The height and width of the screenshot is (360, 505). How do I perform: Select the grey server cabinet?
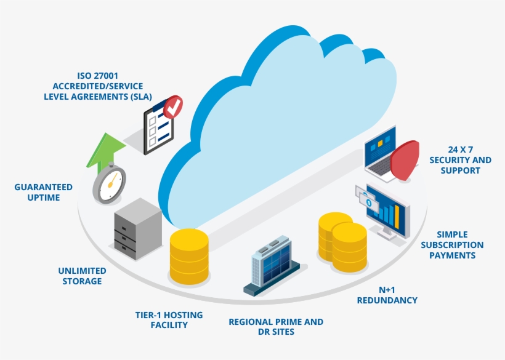(x=136, y=228)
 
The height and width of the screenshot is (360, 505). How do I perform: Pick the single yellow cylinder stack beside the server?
(x=189, y=256)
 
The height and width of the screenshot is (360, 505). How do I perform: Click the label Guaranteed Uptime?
(x=43, y=192)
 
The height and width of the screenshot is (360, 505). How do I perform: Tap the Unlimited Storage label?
(x=82, y=276)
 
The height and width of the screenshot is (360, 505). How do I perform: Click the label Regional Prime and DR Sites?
(x=275, y=327)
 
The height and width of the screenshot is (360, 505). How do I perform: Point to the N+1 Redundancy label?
(x=387, y=295)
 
